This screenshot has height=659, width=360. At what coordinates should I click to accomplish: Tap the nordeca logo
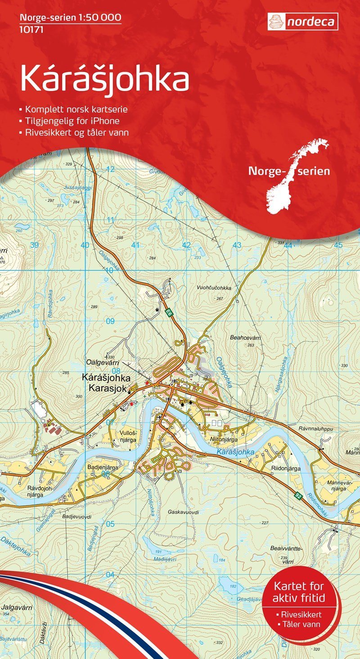(x=302, y=21)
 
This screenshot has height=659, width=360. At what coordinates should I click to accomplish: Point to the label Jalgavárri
(x=17, y=607)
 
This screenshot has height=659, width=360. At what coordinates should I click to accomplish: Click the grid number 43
(x=237, y=245)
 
